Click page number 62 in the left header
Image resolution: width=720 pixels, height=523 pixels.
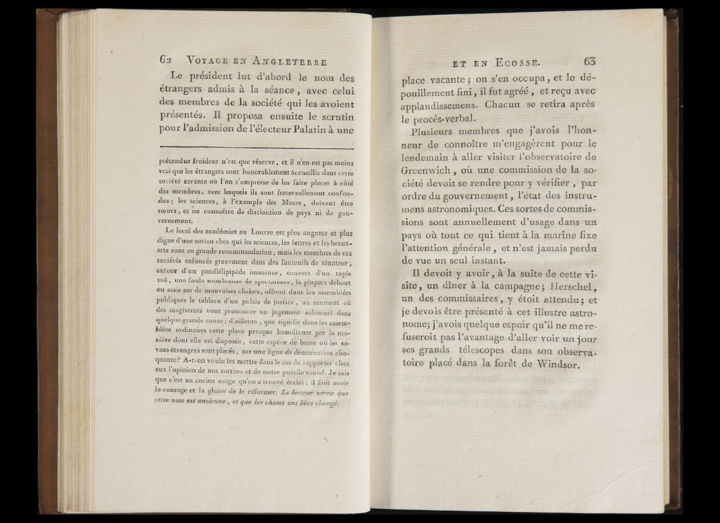164,61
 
